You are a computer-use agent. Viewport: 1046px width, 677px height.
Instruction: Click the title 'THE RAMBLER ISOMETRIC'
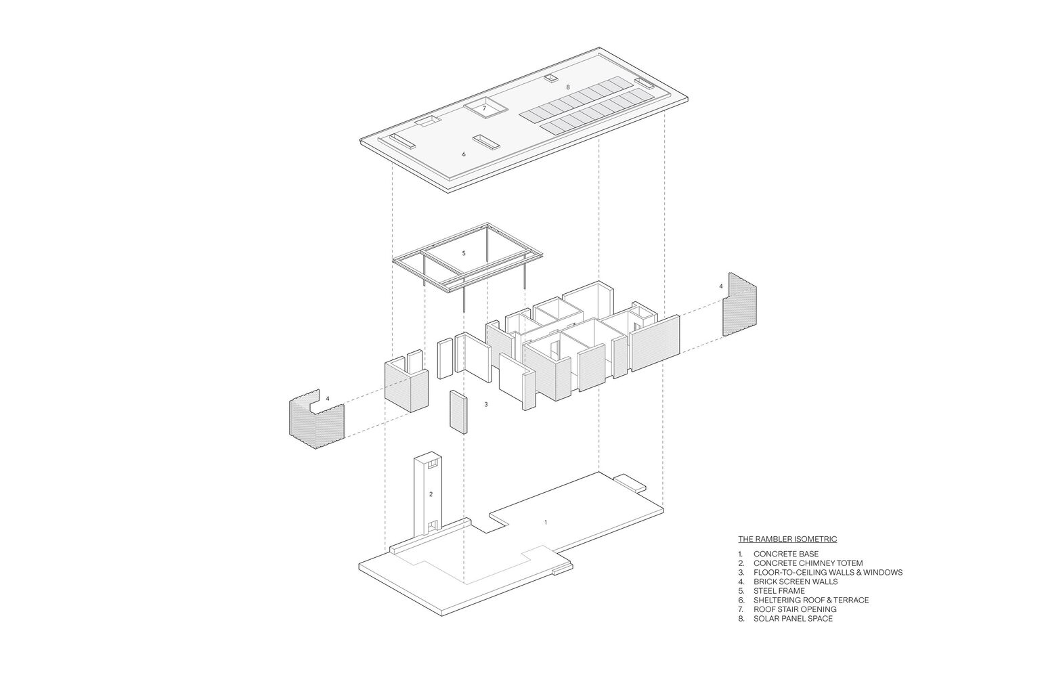point(787,539)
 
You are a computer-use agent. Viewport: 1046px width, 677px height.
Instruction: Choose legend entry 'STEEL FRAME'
point(779,590)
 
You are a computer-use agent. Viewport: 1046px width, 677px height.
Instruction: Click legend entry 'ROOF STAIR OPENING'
point(795,609)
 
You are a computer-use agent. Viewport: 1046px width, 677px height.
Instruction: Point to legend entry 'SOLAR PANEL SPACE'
point(793,619)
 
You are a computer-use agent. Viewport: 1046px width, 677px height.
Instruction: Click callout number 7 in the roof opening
point(484,108)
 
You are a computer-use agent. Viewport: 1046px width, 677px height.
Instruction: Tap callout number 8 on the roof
point(568,87)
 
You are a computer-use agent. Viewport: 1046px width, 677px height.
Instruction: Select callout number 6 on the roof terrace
point(464,154)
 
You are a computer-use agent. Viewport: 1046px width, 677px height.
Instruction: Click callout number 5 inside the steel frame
point(464,253)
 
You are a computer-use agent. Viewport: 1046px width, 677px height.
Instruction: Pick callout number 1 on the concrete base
point(546,523)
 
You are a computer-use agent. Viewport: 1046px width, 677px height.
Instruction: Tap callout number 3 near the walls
point(486,404)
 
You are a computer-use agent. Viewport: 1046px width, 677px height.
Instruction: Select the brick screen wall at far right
point(740,305)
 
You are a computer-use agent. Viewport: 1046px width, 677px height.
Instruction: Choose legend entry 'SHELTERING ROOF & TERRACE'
point(811,600)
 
